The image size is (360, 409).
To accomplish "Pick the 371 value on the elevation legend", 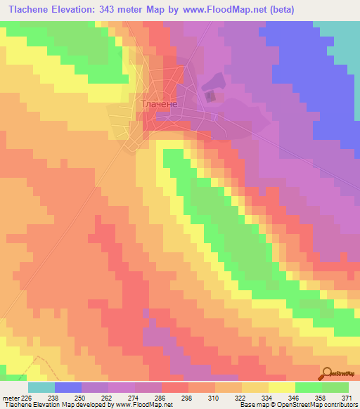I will tap(349, 397).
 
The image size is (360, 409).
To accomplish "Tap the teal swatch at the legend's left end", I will tap(41, 387).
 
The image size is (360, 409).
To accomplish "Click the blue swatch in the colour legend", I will tap(68, 387).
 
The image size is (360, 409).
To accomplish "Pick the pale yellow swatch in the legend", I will tap(282, 387).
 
